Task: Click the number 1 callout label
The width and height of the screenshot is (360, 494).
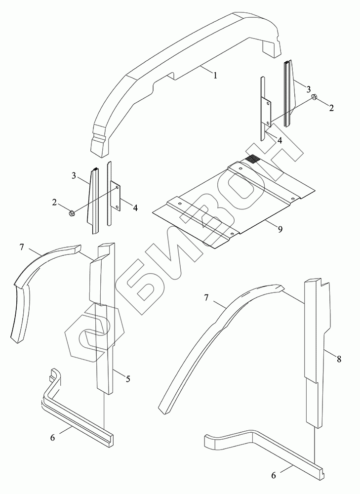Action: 215,74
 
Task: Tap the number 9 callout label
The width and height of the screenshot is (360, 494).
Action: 280,229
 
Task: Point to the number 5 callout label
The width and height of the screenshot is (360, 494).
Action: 128,379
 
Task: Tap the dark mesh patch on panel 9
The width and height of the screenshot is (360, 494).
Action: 251,159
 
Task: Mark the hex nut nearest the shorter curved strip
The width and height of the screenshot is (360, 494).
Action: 71,213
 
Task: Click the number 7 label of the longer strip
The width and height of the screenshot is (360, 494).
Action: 207,297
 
